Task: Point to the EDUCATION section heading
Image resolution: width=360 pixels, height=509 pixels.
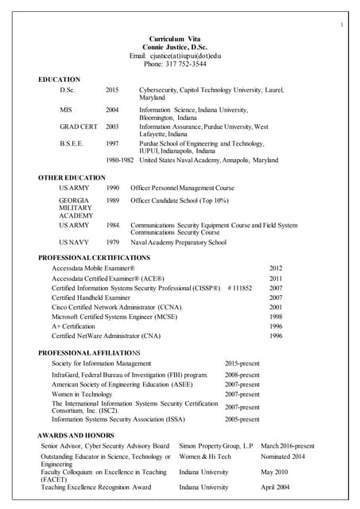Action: click(59, 80)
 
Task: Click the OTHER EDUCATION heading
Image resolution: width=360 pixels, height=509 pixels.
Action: click(72, 177)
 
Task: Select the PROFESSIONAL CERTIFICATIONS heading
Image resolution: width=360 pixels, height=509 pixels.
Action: click(94, 258)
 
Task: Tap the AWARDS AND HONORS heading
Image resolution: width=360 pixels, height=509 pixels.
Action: click(75, 435)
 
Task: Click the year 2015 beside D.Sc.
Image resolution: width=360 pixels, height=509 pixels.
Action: click(112, 91)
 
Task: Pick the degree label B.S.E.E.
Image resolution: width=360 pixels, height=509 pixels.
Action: click(72, 144)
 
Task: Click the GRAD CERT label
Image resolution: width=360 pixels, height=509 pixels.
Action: click(79, 126)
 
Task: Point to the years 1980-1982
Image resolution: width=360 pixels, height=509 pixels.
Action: click(119, 160)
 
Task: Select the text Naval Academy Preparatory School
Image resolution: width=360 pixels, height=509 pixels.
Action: click(178, 243)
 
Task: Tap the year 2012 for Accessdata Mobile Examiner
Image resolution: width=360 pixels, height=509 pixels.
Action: click(276, 269)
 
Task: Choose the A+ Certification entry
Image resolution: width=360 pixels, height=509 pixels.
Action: click(73, 326)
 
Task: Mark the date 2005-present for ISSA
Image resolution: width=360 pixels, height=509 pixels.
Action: click(242, 419)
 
